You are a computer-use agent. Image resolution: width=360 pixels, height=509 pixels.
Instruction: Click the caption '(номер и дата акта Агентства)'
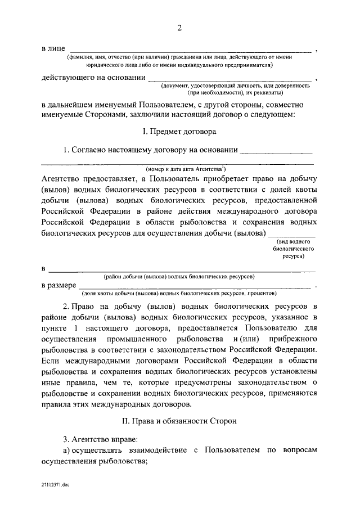(x=186, y=168)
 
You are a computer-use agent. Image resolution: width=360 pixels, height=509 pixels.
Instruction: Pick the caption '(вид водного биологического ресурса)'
(x=293, y=248)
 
